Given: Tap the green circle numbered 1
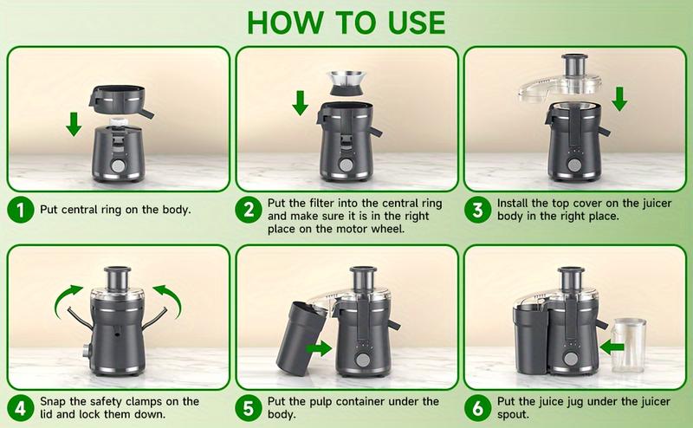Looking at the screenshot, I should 19,210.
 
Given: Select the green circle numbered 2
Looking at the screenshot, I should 249,211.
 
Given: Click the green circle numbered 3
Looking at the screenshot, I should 477,210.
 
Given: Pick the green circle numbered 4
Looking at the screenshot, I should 19,408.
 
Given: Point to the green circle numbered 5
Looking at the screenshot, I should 249,408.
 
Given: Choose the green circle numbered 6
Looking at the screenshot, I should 477,408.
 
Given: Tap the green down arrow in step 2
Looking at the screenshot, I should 300,102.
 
